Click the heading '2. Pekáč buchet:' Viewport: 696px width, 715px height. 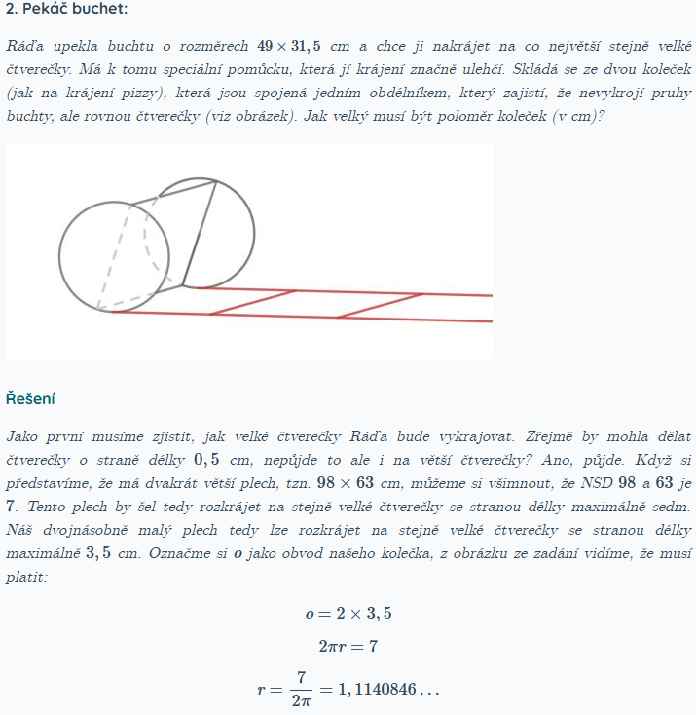(65, 10)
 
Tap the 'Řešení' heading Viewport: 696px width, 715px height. (30, 398)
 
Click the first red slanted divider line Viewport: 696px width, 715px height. (253, 302)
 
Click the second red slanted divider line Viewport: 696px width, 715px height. (380, 305)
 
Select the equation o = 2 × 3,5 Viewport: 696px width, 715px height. (348, 614)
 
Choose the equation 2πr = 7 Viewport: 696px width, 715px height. (348, 645)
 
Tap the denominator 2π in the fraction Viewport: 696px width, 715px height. (302, 700)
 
